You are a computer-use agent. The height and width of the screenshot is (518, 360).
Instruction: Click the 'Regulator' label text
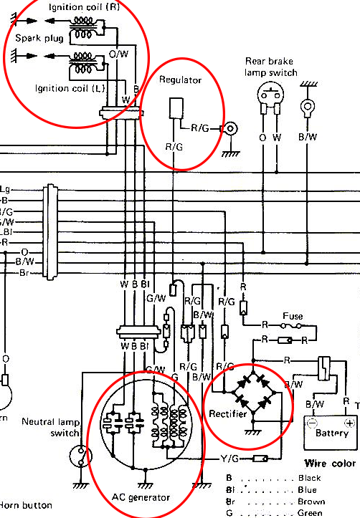click(x=181, y=80)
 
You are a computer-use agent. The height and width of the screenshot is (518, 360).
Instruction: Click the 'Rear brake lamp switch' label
click(x=272, y=67)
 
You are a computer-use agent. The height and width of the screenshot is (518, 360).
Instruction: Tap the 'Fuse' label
click(x=293, y=315)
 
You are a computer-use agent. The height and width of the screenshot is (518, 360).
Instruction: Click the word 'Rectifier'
click(x=227, y=414)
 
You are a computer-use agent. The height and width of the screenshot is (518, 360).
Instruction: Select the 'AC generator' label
click(x=141, y=497)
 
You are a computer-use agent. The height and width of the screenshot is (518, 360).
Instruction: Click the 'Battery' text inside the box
click(x=331, y=433)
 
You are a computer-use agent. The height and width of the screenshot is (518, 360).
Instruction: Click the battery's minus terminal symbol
click(x=313, y=423)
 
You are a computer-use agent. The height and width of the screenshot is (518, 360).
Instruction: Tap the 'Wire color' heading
click(x=330, y=464)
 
